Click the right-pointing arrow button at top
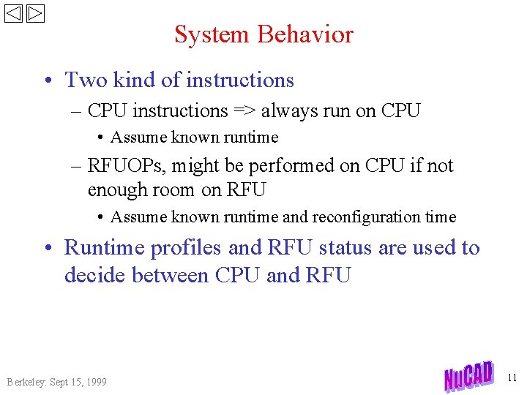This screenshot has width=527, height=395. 36,14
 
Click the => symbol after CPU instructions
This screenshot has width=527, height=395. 244,111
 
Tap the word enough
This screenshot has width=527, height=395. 118,190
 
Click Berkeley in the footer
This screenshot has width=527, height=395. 26,382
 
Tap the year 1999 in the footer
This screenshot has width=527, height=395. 94,382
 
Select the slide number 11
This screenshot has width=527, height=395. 511,377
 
